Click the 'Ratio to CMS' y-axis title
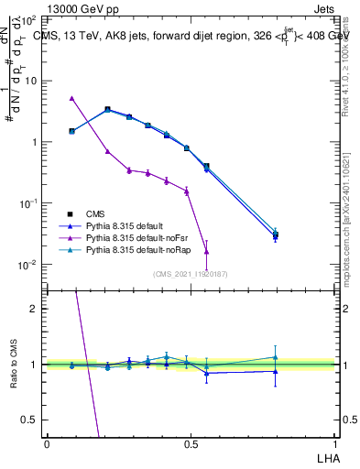point(13,365)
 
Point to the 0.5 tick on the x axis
point(191,443)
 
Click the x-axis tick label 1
point(334,443)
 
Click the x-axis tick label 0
point(47,443)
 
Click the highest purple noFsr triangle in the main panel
point(71,98)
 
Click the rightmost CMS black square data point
point(276,235)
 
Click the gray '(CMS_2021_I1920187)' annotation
point(191,273)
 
